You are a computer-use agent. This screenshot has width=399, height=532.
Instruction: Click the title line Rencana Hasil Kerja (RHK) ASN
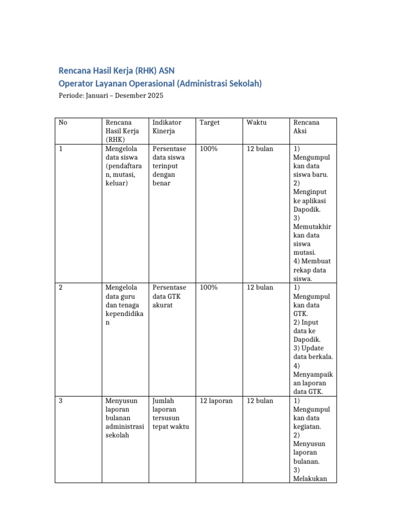coord(120,71)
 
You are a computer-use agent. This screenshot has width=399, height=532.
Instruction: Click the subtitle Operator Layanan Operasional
coord(160,83)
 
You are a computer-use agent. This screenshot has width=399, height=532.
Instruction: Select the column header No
coord(63,123)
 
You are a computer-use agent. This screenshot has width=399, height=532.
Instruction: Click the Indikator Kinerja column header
coord(167,127)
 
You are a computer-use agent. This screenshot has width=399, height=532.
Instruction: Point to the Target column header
coord(209,123)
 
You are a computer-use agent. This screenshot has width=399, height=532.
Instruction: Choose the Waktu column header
coord(257,123)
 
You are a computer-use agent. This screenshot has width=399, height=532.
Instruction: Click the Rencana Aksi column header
coord(306,127)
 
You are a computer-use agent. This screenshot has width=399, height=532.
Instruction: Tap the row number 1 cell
coord(61,149)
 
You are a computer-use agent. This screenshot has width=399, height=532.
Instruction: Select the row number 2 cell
coord(61,287)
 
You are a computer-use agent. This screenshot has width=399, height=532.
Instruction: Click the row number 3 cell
coord(61,401)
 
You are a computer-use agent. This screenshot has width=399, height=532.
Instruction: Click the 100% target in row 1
coord(208,149)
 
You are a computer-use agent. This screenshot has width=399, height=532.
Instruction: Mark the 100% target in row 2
coord(208,287)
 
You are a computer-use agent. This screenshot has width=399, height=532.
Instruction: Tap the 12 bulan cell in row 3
coord(260,401)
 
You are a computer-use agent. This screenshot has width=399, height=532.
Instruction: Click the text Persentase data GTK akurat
coord(169,296)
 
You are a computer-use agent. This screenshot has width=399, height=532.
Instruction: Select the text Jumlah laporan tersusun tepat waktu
coord(170,414)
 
